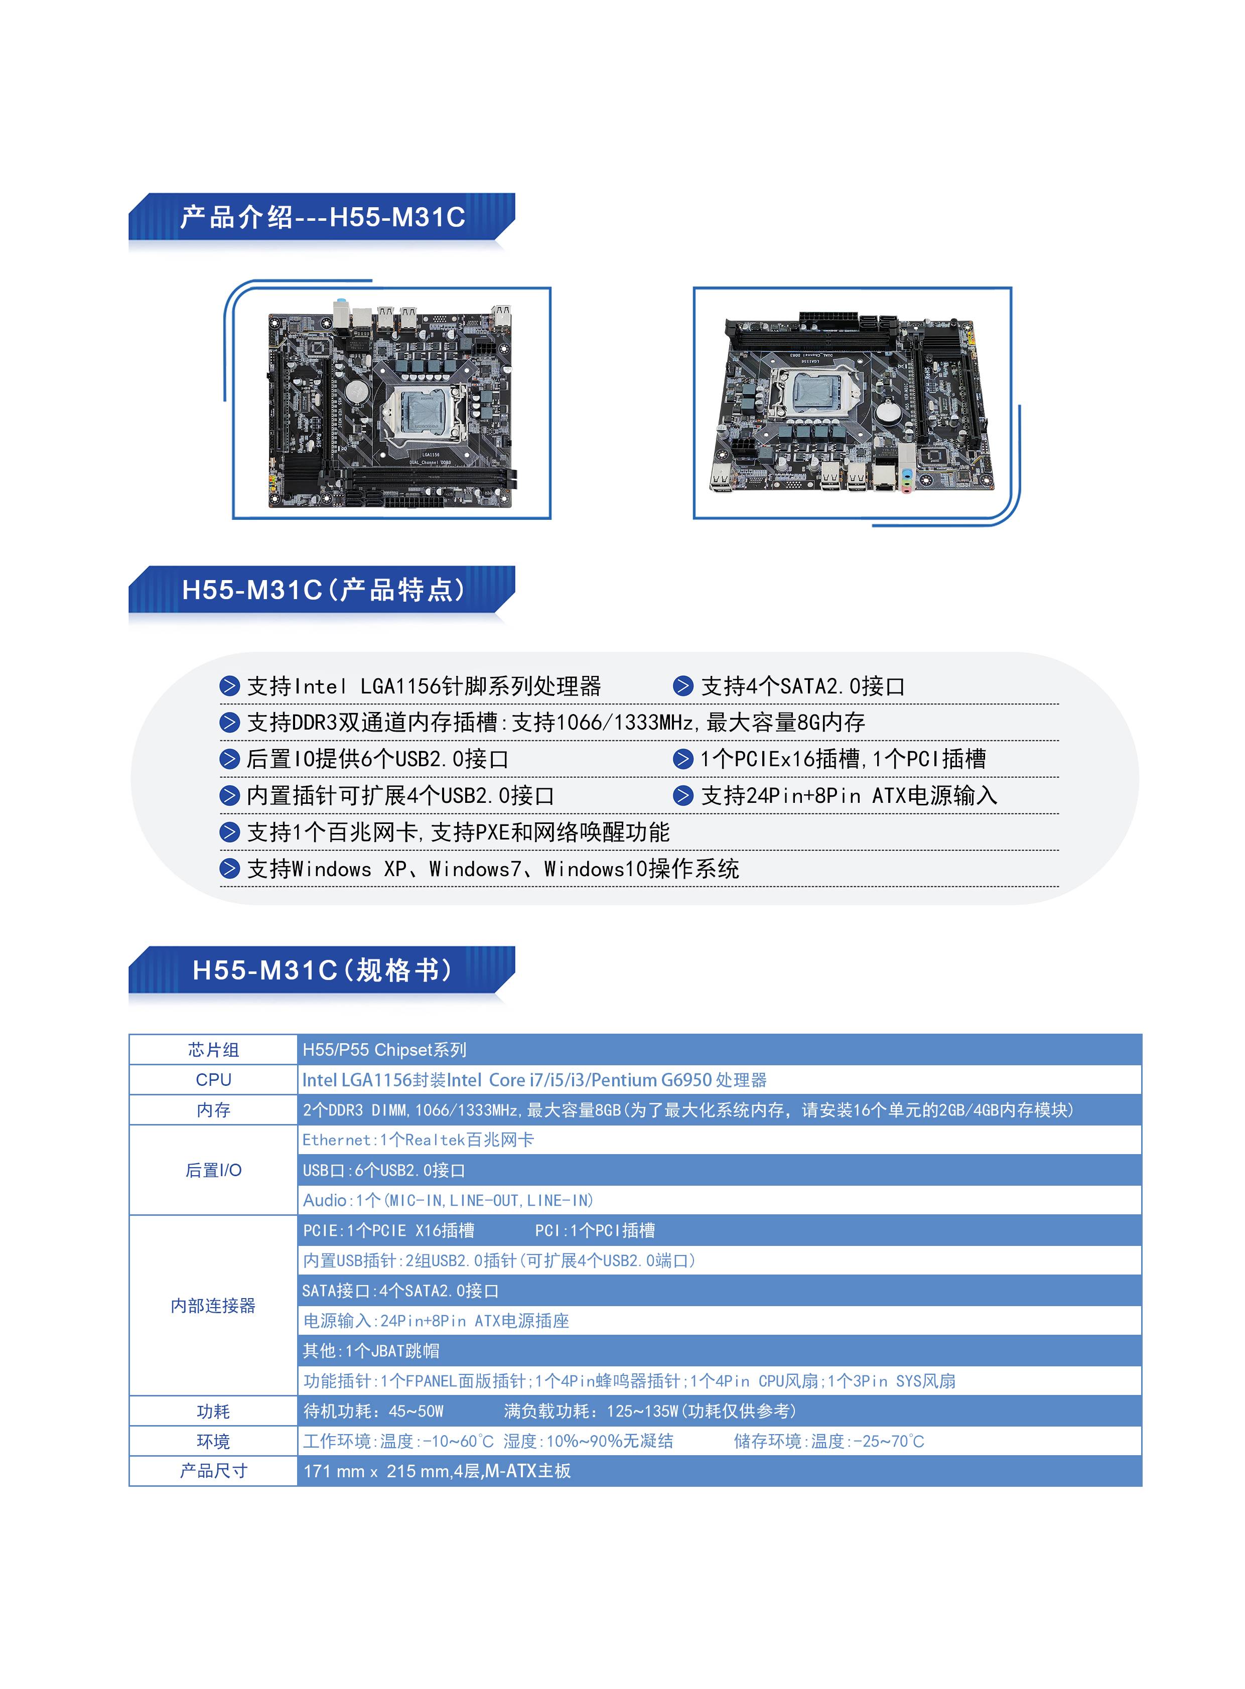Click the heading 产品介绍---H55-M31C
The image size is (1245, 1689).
(323, 217)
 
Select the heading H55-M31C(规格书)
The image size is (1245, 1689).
(323, 970)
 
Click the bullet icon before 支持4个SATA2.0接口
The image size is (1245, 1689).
(683, 686)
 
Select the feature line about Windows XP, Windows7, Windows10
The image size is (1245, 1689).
(493, 869)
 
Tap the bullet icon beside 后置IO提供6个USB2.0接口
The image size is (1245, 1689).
(229, 759)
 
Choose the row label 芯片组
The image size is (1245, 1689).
(213, 1050)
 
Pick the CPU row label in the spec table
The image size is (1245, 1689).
(213, 1079)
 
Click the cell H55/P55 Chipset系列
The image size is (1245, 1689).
(384, 1050)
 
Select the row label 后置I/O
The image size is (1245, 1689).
(213, 1170)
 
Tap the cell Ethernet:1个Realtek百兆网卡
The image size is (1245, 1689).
(418, 1140)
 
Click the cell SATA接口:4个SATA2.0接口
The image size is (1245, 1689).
(400, 1290)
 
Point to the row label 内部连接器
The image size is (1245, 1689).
(213, 1305)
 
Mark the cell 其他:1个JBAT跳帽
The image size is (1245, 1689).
(371, 1351)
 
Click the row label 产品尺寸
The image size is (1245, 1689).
(213, 1470)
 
